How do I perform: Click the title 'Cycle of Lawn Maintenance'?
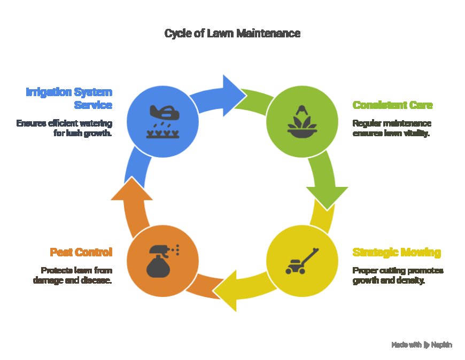232,34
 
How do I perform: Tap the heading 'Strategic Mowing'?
396,252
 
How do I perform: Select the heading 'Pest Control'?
81,252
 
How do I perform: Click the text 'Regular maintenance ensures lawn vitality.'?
391,128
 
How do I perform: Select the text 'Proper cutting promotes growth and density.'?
397,275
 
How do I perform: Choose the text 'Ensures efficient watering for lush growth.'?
64,128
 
